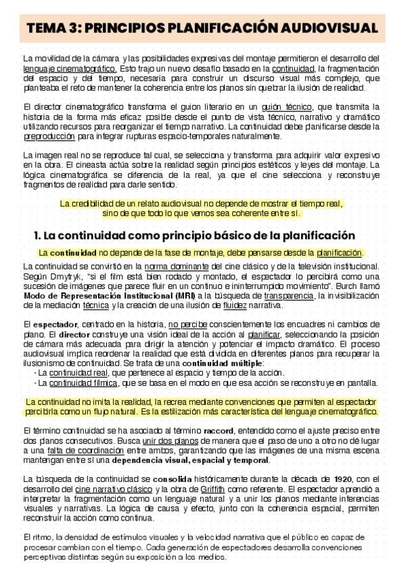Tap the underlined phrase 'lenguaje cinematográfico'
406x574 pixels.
[70, 68]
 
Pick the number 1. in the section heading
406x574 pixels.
[38, 236]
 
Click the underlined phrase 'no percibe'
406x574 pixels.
[187, 324]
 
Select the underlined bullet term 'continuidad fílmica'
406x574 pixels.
[74, 382]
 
